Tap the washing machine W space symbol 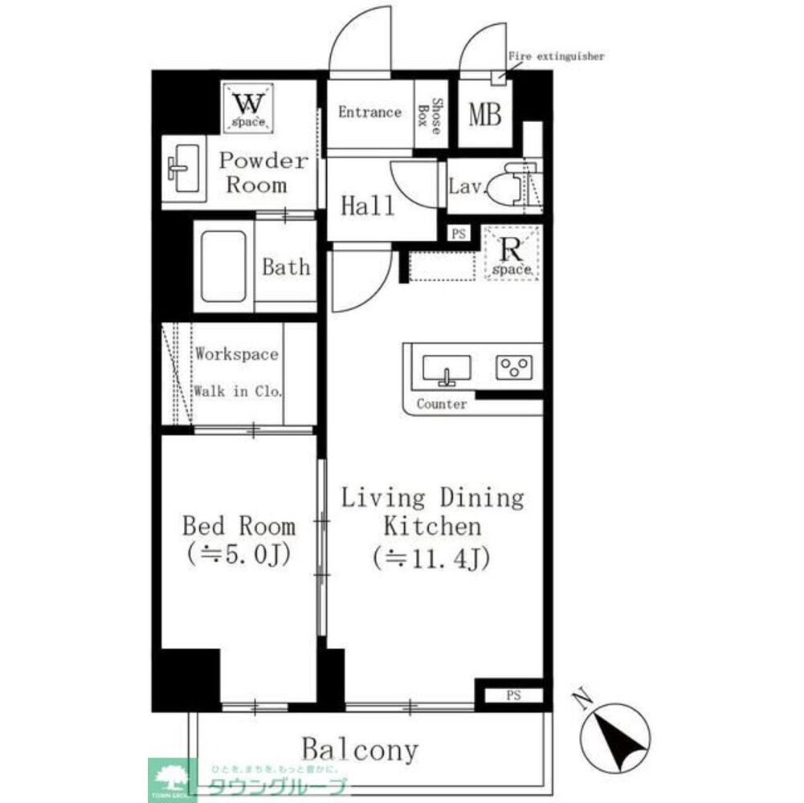[248, 107]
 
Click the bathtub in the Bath [223, 267]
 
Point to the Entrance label [369, 112]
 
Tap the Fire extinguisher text [556, 57]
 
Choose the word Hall [368, 206]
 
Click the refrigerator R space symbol [512, 253]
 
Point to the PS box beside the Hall [459, 234]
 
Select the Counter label [441, 404]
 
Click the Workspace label [237, 355]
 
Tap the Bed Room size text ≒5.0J [238, 554]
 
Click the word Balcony [360, 750]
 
